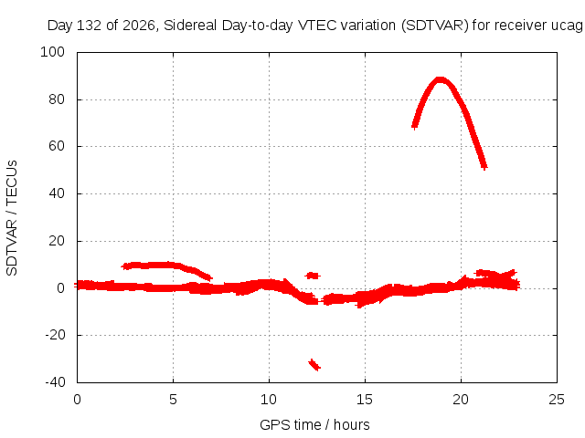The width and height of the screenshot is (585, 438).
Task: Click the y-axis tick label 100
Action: pos(52,52)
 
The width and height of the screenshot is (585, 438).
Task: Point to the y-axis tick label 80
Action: pos(57,99)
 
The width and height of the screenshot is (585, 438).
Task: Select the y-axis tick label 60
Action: pos(57,146)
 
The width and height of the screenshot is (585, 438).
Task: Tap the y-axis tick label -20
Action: pos(55,335)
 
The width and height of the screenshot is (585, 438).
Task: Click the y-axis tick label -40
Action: pos(55,382)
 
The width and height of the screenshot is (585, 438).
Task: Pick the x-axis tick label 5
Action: pos(173,400)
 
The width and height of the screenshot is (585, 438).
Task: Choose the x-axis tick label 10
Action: pos(269,400)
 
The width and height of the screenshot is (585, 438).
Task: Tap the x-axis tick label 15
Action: pos(365,400)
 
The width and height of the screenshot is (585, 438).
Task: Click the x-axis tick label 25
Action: pos(557,400)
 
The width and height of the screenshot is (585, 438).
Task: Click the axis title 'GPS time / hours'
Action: pos(314,425)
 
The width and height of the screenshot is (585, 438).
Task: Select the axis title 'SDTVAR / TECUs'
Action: pos(12,218)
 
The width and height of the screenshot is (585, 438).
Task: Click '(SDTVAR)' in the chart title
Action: pos(435,26)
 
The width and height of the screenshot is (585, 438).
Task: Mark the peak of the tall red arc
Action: pos(441,79)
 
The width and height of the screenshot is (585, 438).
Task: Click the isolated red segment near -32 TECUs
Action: pos(314,365)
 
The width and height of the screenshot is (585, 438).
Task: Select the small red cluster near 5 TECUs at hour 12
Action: pos(313,276)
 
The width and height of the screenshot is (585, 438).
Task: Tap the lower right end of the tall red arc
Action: pos(484,166)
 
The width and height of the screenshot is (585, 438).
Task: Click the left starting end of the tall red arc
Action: pos(414,126)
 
